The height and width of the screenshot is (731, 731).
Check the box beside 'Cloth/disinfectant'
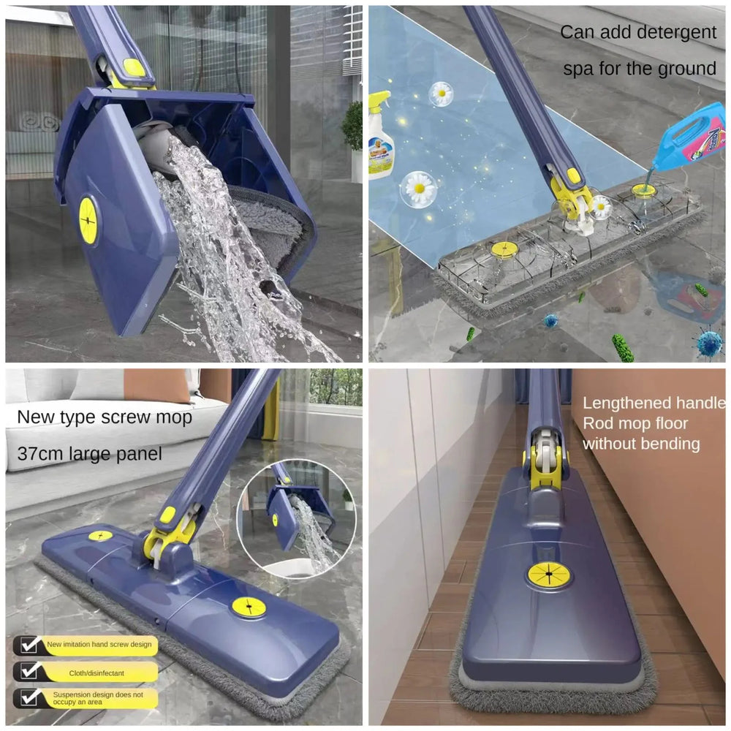[29, 672]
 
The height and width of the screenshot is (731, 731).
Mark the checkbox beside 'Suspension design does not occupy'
[29, 698]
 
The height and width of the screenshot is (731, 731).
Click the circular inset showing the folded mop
[296, 517]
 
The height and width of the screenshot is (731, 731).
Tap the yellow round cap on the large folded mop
[88, 220]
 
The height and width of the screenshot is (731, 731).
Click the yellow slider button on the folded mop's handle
[134, 67]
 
